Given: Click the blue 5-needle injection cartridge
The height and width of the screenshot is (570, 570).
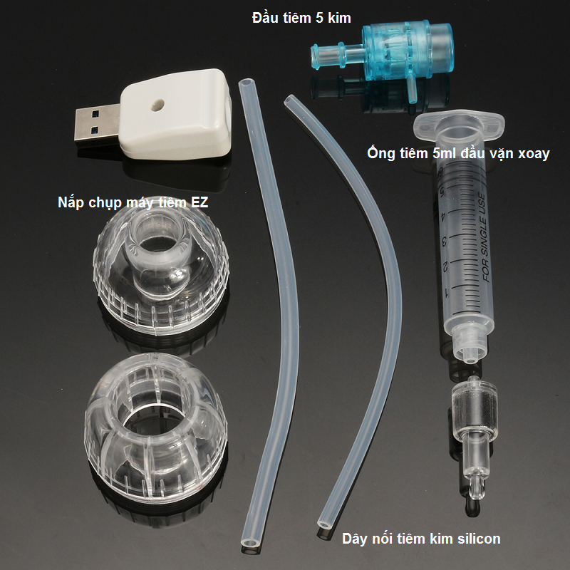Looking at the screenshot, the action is pos(382,55).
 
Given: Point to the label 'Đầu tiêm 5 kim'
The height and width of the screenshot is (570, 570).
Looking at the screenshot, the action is pos(301,18).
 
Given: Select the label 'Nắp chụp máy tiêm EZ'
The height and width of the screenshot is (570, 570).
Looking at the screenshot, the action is pos(133,202).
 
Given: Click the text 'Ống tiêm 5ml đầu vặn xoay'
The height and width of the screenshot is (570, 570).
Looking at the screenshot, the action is pos(458,153).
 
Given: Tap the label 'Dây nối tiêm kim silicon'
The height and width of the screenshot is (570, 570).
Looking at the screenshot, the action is pos(421,539).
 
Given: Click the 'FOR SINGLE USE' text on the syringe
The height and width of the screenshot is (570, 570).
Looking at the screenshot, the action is pos(487,237).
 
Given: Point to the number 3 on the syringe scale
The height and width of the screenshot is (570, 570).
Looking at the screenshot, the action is pos(444,241).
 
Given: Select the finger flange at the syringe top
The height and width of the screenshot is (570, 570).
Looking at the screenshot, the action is pos(459,123).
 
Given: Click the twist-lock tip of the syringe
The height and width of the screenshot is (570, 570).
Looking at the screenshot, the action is pos(470,344).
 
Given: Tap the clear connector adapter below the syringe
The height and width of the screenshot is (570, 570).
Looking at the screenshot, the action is pos(475,436).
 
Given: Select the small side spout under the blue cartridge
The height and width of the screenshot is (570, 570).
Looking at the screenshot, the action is pos(412,89).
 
